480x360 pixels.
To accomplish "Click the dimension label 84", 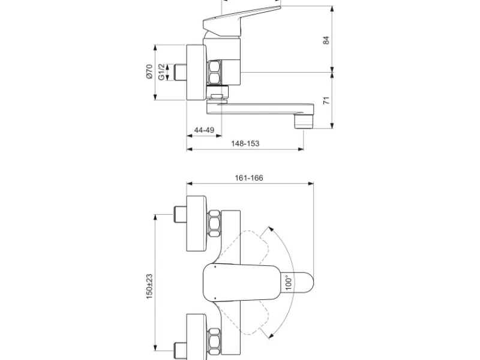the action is (x=326, y=40).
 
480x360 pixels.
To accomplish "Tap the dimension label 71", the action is (x=326, y=100).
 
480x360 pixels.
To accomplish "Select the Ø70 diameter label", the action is (x=149, y=71).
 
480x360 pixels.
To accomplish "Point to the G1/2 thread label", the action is (x=161, y=72).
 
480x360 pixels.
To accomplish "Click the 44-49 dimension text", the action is (x=204, y=130).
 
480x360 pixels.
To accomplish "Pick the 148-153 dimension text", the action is (x=245, y=143).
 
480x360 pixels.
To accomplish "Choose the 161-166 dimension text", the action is (x=249, y=178).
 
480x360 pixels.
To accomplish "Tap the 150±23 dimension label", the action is (x=149, y=287).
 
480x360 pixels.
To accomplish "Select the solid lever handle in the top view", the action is (x=242, y=282).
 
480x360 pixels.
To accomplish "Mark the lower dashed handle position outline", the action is (x=245, y=318).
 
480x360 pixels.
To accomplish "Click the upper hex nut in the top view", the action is (x=214, y=223).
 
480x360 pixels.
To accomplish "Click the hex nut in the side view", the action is (x=214, y=72).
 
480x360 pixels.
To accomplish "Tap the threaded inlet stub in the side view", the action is (x=180, y=73).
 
